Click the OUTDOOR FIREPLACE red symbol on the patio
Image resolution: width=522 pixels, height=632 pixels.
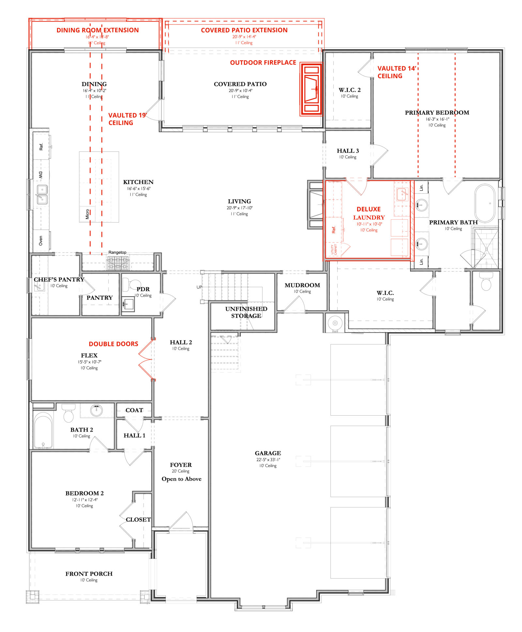tap(311, 89)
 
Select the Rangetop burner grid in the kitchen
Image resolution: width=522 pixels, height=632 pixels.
tap(118, 263)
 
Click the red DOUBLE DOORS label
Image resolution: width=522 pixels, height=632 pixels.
tap(113, 344)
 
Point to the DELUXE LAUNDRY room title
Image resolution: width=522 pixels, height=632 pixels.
tap(369, 213)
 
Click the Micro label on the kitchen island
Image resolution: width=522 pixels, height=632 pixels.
tap(87, 214)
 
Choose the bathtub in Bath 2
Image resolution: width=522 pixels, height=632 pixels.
tap(43, 430)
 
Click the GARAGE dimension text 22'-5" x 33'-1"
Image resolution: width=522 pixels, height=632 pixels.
tap(268, 459)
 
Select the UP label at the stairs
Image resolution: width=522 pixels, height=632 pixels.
tap(199, 287)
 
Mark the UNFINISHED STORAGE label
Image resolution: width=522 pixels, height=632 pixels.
tap(246, 312)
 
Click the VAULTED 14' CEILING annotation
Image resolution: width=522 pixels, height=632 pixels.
tap(396, 72)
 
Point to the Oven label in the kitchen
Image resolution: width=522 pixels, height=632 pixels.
tap(41, 241)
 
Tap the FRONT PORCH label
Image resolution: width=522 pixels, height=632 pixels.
tap(89, 574)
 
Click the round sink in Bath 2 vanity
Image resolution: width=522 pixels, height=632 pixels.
tap(96, 410)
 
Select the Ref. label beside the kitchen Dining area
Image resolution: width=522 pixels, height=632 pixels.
tap(41, 147)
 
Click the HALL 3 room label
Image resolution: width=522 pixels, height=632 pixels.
tap(348, 151)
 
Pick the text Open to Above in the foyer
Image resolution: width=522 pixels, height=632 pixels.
tap(181, 479)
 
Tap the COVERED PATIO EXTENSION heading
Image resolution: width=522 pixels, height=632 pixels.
tap(244, 30)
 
